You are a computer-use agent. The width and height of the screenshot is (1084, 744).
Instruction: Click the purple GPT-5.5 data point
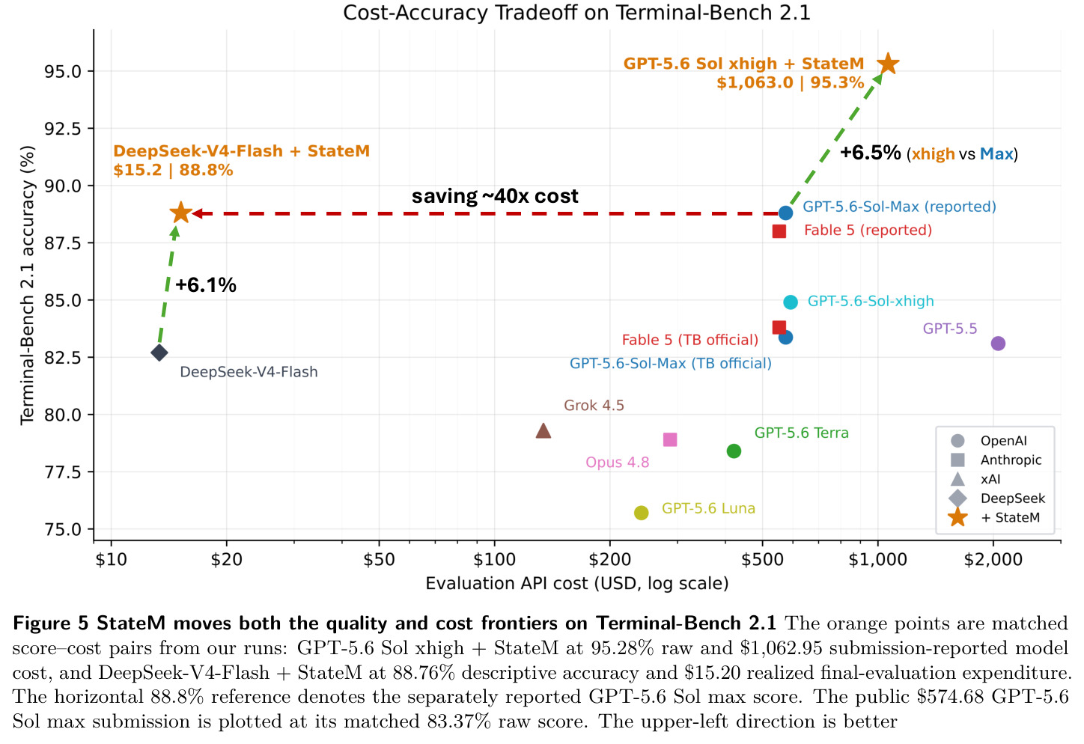[x=998, y=344]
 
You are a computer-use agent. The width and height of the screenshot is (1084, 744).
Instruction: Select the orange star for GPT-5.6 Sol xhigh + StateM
[x=888, y=64]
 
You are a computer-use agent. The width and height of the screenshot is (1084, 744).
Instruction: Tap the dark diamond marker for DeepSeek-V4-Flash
[x=159, y=353]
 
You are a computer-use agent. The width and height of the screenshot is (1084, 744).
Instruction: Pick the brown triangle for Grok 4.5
[x=543, y=430]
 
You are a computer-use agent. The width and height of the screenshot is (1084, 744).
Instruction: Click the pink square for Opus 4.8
[x=670, y=439]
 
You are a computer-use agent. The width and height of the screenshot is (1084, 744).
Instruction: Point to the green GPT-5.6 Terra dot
[x=734, y=451]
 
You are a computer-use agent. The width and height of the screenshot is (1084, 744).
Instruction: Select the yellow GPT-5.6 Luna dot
[x=642, y=513]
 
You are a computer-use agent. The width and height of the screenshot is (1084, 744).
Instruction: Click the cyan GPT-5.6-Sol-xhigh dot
[x=791, y=302]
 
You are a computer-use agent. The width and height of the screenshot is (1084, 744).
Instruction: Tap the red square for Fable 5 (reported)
[x=779, y=231]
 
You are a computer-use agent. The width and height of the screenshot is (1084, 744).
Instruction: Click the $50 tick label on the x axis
[x=379, y=560]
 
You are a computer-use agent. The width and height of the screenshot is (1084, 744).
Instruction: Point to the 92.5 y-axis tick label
[x=62, y=129]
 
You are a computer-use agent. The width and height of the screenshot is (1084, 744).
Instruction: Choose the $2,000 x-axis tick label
[x=993, y=560]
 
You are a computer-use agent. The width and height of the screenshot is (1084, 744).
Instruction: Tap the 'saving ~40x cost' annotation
[x=495, y=196]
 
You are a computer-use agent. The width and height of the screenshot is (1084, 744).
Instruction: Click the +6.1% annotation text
[x=206, y=285]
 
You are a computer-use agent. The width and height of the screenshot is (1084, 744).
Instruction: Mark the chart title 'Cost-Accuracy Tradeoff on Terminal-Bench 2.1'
[x=577, y=13]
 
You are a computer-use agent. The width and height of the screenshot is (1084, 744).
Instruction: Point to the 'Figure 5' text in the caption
[x=51, y=623]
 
